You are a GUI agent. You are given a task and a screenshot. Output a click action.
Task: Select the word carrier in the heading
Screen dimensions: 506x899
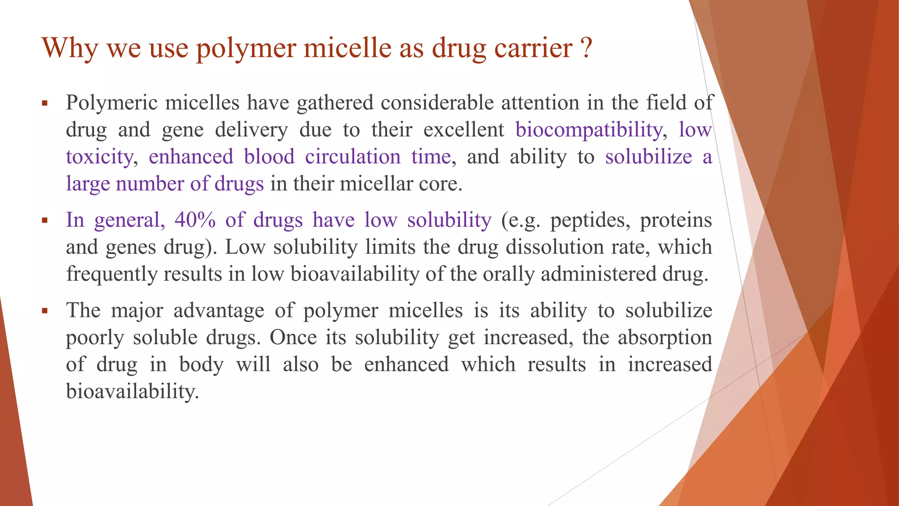[533, 48]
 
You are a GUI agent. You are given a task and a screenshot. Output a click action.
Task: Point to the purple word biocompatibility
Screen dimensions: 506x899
[589, 130]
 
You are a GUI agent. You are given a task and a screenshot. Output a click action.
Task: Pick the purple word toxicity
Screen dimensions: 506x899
[99, 157]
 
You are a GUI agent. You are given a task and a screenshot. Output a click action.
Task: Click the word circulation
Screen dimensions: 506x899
[352, 157]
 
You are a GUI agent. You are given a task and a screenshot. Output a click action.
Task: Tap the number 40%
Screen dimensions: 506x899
[195, 220]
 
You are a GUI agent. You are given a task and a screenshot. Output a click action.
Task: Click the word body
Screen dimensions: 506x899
[201, 365]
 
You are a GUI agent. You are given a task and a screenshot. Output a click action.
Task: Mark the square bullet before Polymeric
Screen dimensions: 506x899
[44, 104]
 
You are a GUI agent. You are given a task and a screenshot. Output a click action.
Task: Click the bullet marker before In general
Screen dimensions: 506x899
[44, 220]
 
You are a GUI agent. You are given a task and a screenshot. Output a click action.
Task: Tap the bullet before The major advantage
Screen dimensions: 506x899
[44, 311]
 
